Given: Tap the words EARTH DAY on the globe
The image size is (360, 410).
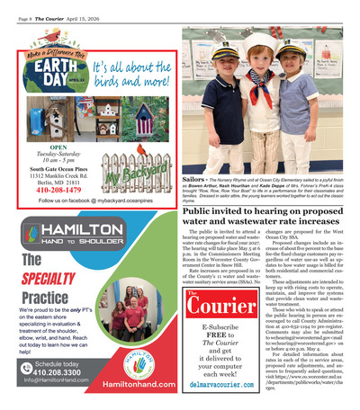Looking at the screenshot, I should tap(41, 75).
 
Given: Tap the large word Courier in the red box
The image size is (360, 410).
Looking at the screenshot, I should tap(213, 306).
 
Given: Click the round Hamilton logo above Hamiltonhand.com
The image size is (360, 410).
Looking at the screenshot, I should tap(135, 355).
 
